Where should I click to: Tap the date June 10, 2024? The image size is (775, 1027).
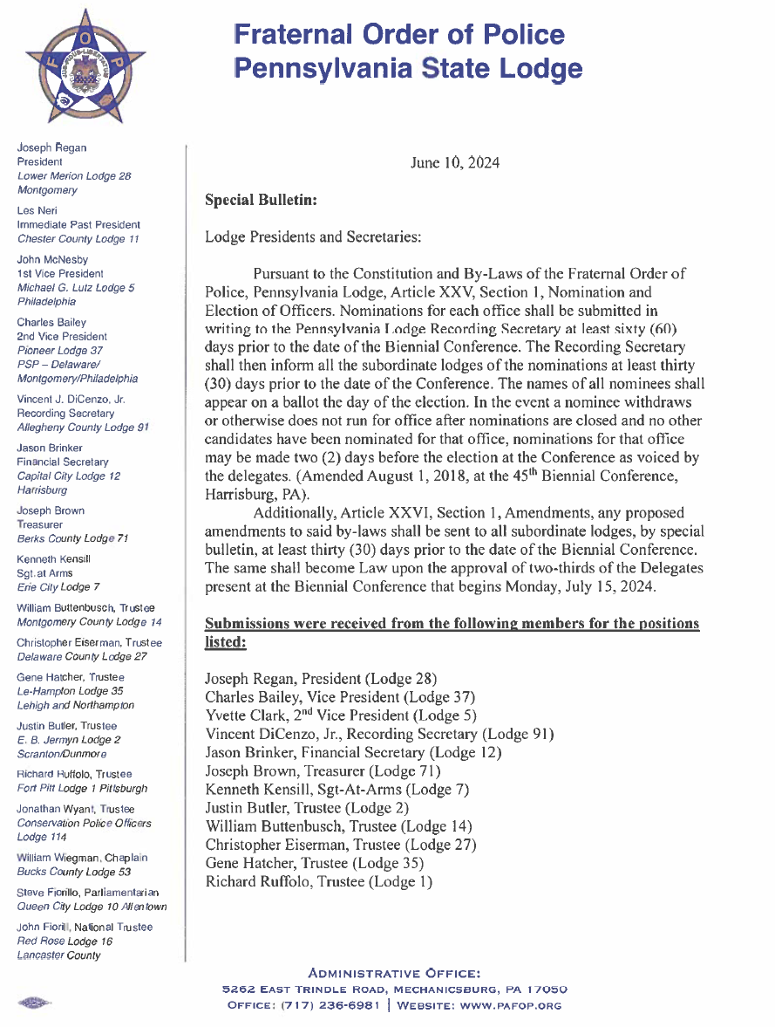click(454, 163)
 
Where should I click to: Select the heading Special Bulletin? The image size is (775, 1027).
click(260, 200)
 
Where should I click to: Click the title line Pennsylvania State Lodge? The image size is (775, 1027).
click(408, 68)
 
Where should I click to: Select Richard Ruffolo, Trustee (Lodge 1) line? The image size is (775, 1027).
click(318, 881)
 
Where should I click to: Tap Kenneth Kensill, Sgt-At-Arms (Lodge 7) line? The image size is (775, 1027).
click(337, 790)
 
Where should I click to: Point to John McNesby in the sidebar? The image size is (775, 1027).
click(51, 259)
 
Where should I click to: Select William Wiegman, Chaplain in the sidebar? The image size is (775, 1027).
click(81, 858)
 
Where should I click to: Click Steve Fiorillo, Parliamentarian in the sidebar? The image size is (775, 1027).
click(87, 893)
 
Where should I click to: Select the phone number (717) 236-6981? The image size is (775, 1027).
click(330, 1005)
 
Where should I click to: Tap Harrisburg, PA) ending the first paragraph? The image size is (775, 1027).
click(247, 493)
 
